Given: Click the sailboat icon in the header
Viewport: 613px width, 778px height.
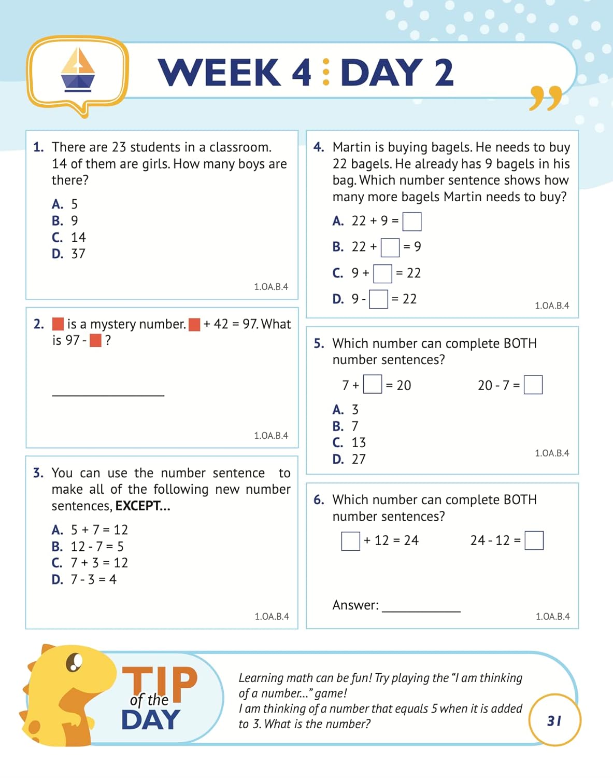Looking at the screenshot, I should coord(78,70).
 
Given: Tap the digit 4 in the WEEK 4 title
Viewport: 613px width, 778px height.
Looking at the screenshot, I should coord(302,72).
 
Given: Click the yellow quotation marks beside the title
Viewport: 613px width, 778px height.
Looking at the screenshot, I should coord(546,98).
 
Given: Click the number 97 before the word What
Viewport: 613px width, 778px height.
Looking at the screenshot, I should coord(250,324).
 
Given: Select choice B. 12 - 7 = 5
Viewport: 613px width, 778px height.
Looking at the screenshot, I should coord(88,547).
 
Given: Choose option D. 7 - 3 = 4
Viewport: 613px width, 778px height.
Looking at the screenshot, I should coord(84,579).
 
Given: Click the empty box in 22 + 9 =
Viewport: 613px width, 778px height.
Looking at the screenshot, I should coord(412,221).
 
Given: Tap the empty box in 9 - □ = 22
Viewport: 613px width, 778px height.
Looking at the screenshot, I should coord(378,299).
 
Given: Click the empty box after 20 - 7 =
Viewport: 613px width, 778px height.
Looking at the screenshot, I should coord(533,385).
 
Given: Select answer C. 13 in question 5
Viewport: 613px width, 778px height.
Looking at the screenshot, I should coord(349,443).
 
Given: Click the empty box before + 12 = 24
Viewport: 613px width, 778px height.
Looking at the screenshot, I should coord(350,541).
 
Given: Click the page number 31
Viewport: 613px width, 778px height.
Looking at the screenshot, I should coord(554,721).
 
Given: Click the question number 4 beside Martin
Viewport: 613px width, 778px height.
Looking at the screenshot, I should coord(318,147).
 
